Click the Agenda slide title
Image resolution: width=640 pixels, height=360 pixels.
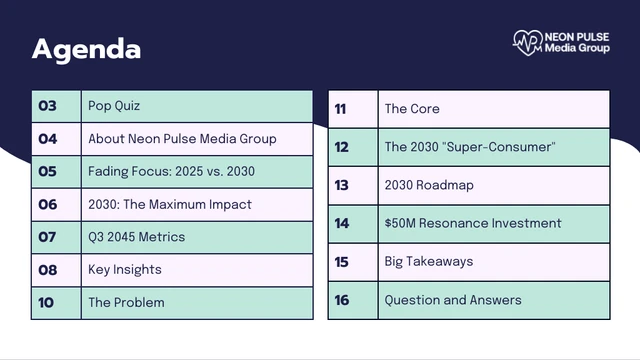click(87, 50)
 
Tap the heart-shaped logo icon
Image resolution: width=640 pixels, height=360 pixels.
click(528, 42)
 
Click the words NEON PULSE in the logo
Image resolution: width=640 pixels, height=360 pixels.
click(577, 37)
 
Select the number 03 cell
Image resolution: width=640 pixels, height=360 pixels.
click(56, 106)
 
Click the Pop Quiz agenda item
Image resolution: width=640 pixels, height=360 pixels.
click(114, 106)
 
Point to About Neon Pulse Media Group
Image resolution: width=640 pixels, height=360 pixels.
click(182, 139)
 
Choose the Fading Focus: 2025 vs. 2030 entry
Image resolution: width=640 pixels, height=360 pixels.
click(171, 171)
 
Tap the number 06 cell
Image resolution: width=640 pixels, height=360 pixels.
click(56, 204)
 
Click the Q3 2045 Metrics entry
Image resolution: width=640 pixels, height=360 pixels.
click(136, 237)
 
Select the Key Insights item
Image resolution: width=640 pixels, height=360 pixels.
click(124, 270)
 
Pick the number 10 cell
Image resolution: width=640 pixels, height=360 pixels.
click(56, 303)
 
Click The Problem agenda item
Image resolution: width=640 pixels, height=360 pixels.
click(126, 302)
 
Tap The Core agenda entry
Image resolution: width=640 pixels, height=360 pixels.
click(412, 109)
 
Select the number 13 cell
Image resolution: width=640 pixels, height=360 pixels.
click(353, 185)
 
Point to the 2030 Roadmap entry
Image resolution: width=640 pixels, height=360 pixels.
click(429, 185)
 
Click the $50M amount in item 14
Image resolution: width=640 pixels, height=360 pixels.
click(400, 223)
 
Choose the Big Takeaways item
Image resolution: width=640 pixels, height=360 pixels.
click(429, 262)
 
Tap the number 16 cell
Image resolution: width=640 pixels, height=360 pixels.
click(353, 300)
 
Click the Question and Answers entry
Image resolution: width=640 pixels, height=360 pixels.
click(453, 300)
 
